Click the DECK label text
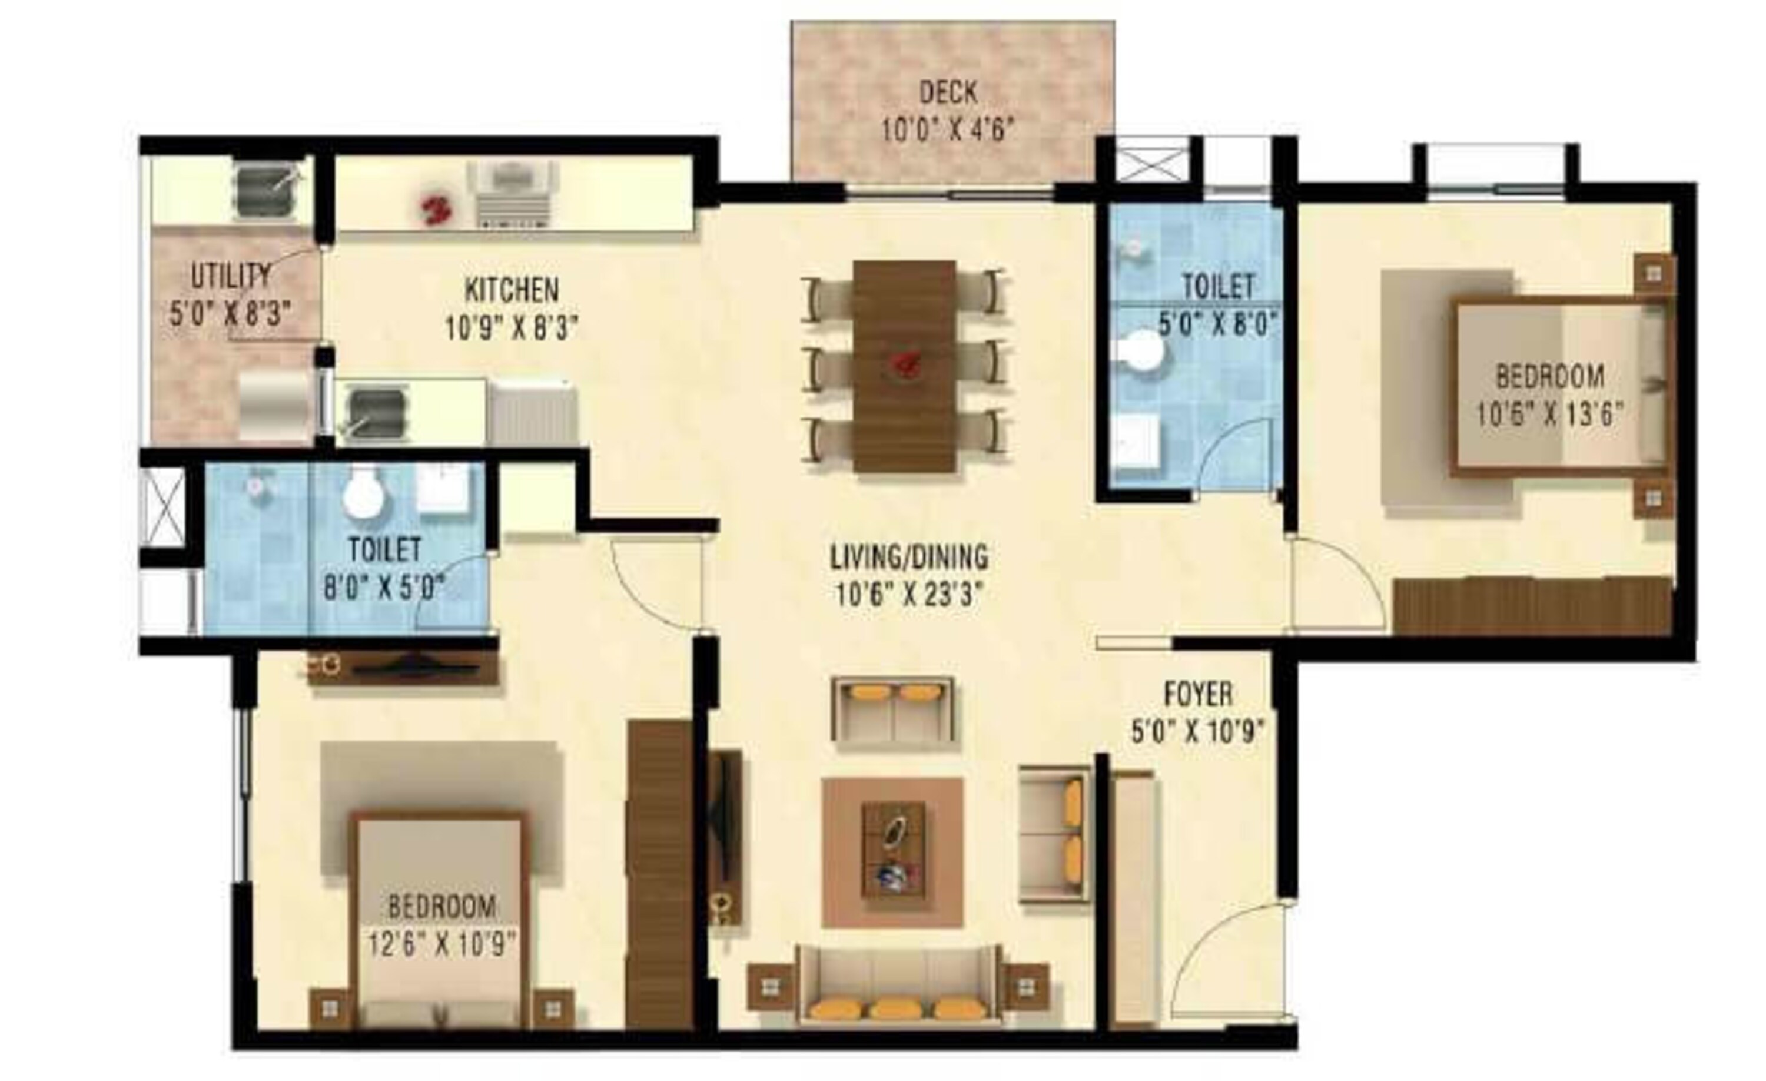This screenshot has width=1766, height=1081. [948, 92]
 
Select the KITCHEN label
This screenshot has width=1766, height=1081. [512, 290]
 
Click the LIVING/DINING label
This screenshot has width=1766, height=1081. [909, 557]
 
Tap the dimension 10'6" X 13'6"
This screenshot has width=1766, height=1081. [1549, 414]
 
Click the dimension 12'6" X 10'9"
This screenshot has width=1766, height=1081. [442, 944]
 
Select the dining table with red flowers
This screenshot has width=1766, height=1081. [905, 366]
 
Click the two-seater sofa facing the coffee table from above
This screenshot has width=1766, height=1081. [892, 709]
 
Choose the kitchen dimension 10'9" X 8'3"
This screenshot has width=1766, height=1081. [512, 329]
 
